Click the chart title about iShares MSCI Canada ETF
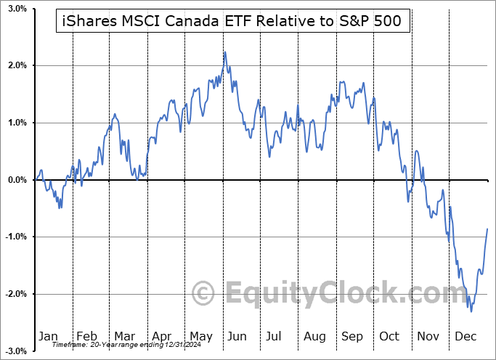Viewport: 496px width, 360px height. (x=233, y=22)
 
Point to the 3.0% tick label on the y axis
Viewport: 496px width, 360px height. (x=17, y=9)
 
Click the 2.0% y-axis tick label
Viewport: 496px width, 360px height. (x=17, y=66)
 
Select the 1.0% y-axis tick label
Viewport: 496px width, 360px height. (x=17, y=123)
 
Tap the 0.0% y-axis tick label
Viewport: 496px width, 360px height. (x=17, y=180)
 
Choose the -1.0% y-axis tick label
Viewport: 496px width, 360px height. (x=15, y=237)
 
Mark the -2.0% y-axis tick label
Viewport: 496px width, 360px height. (x=15, y=294)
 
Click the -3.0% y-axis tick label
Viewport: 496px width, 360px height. (x=15, y=351)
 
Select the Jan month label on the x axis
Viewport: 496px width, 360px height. (x=48, y=337)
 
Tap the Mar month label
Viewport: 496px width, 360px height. (x=124, y=337)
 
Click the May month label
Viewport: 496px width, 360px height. (x=201, y=337)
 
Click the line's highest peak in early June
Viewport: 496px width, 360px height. (x=225, y=52)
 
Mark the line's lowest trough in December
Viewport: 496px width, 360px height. (x=471, y=312)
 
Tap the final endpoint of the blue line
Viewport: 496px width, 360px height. (x=487, y=229)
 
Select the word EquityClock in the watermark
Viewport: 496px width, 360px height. (x=341, y=294)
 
